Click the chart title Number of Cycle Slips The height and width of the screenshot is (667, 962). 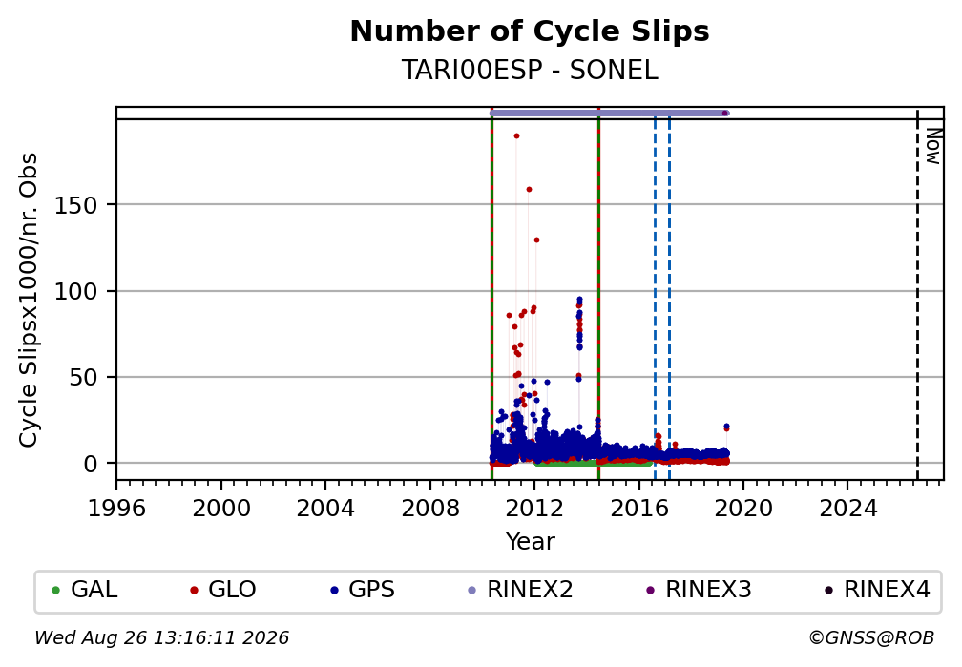coord(530,31)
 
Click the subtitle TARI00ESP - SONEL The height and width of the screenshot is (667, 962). coord(530,71)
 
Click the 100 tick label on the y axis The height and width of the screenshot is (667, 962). coord(76,291)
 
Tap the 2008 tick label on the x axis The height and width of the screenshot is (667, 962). coord(430,508)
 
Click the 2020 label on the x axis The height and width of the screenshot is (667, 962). coord(743,508)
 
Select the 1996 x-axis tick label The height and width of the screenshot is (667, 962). coord(116,508)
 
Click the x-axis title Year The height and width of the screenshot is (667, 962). coord(530,541)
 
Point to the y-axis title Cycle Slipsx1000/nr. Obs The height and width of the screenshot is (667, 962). coord(29,300)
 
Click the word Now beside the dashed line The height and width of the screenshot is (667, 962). coord(932,146)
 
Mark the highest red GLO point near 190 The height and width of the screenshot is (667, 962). coord(516,135)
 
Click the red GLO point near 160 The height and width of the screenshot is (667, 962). coord(529,190)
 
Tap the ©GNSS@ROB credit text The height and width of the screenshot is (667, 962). coord(871,638)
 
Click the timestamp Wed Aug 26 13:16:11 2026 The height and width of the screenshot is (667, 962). coord(162,638)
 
